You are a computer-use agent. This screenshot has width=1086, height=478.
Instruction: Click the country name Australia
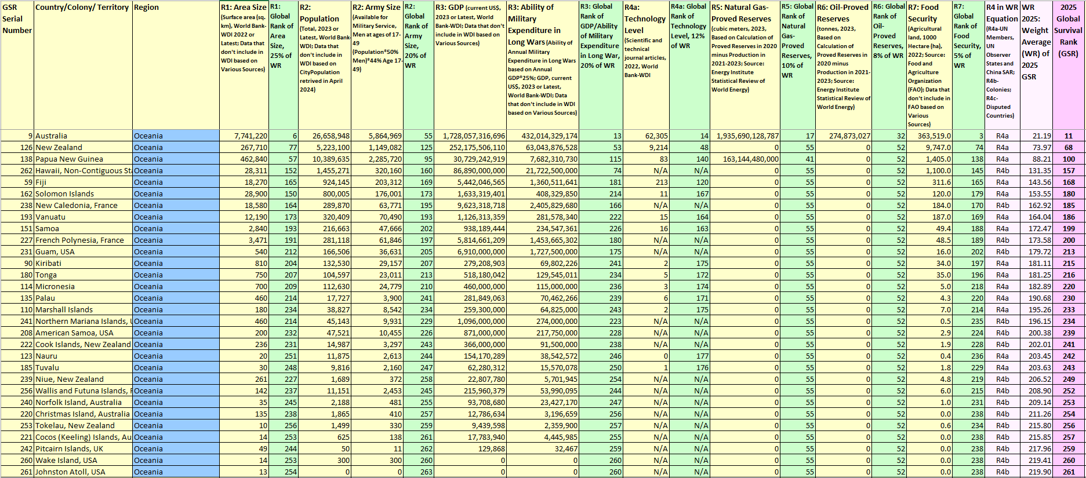click(x=52, y=136)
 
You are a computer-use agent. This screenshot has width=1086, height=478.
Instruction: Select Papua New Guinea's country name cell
click(x=69, y=159)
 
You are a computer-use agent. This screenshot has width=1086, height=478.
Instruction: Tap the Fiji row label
click(x=41, y=183)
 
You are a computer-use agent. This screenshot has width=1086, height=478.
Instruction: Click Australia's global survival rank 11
click(x=1068, y=136)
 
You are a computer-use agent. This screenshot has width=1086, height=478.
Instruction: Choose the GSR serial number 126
click(x=26, y=148)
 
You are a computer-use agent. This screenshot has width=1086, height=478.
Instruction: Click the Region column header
click(x=146, y=8)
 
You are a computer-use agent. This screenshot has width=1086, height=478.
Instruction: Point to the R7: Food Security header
click(x=923, y=13)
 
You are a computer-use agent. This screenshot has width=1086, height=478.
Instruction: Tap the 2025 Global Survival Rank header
click(x=1068, y=30)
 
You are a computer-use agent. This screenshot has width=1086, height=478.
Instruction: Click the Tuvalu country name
click(x=48, y=368)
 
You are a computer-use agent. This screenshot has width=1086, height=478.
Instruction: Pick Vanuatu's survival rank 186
click(x=1068, y=217)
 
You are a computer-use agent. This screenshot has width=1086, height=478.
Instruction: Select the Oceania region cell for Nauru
click(x=148, y=356)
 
